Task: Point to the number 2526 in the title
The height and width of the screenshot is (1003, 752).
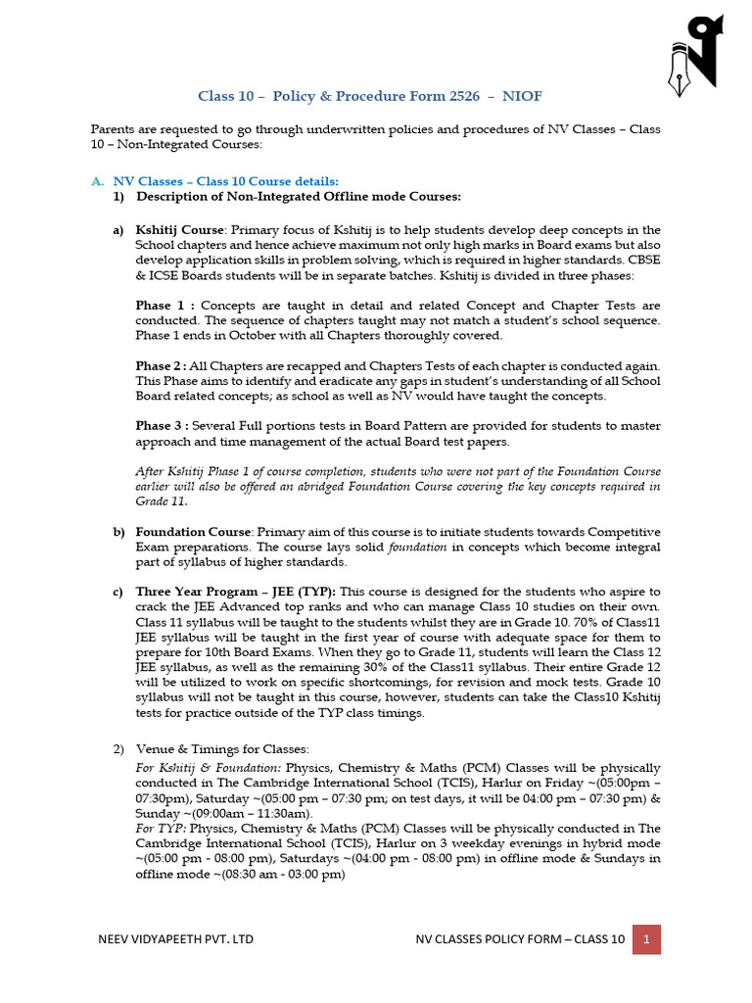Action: pos(471,96)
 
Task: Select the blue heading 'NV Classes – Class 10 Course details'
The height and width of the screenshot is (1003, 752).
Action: pos(225,181)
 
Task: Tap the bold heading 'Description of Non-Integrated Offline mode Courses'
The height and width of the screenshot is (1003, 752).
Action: pos(299,197)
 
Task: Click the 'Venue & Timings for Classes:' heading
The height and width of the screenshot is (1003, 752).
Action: pos(222,748)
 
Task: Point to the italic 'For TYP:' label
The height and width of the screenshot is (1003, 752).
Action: pos(160,828)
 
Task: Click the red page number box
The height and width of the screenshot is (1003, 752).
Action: pos(646,939)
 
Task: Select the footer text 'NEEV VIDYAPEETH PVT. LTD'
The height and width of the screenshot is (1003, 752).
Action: pos(175,939)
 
